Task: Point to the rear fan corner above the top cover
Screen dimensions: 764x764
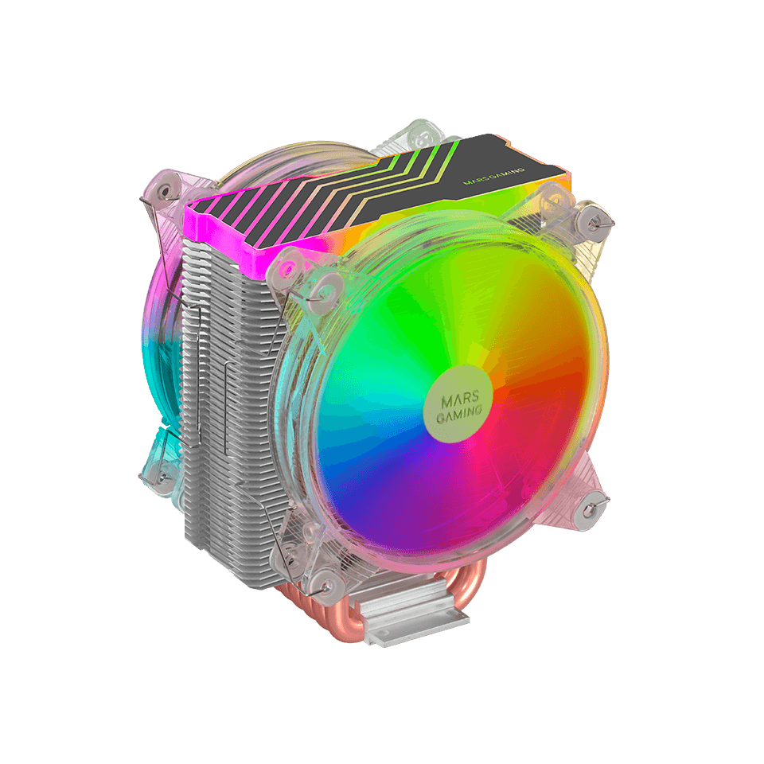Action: click(x=419, y=131)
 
